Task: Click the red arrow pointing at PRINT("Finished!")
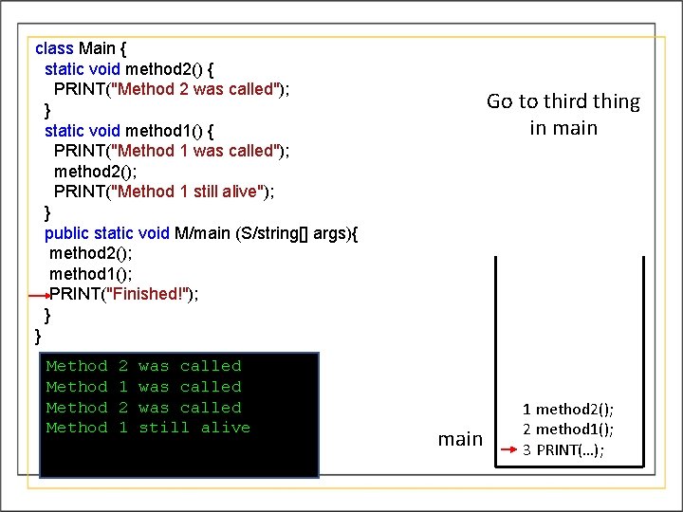point(38,296)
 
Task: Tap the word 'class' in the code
point(53,47)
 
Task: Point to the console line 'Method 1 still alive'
point(148,428)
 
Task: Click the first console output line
point(143,366)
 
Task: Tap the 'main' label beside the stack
point(460,439)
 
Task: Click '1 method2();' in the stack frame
point(567,409)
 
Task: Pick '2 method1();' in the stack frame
point(567,430)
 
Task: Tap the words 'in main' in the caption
point(563,128)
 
